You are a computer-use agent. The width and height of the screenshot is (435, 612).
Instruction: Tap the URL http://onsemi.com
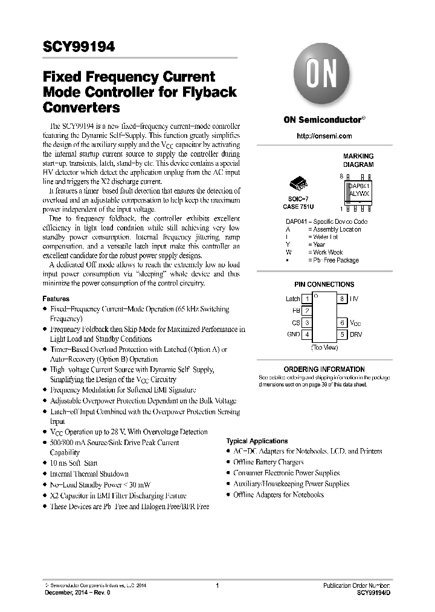click(324, 137)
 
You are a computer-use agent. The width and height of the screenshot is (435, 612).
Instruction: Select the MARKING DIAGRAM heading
click(358, 160)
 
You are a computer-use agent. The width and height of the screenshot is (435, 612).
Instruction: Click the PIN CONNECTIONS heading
click(324, 284)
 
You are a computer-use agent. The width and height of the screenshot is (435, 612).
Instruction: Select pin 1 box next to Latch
click(307, 299)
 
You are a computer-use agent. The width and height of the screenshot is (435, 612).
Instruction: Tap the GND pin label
click(293, 334)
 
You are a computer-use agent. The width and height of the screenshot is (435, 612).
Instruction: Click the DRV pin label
click(356, 334)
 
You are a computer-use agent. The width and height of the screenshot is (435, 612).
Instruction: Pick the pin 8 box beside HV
click(342, 299)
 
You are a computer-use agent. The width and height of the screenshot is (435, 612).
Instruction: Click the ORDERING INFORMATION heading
click(324, 369)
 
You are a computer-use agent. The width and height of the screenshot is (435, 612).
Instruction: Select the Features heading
click(56, 299)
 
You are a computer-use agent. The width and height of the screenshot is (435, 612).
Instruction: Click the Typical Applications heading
click(257, 441)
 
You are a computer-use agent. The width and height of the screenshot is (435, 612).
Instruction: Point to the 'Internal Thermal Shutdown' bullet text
click(89, 474)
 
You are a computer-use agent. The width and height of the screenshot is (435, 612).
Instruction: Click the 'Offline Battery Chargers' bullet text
click(268, 462)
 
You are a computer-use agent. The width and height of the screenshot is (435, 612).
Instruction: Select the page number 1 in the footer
click(216, 586)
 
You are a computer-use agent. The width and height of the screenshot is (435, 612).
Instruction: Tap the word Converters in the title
click(81, 108)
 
